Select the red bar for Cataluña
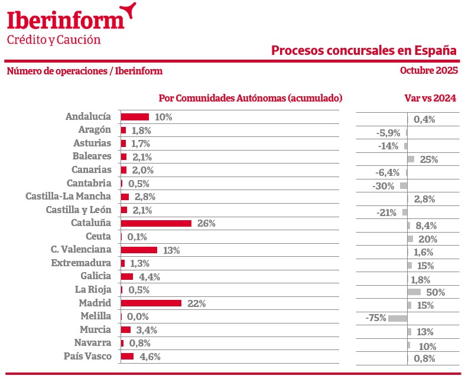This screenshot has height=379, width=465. (156, 224)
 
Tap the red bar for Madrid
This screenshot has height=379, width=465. (151, 303)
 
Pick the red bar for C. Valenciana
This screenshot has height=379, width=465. (139, 250)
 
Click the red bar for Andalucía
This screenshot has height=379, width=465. (135, 117)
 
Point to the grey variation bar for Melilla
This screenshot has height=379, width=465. (398, 318)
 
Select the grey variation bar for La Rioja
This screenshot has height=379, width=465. (414, 292)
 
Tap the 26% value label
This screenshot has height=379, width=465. (206, 224)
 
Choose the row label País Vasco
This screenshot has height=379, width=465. (87, 356)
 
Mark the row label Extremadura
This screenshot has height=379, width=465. (81, 263)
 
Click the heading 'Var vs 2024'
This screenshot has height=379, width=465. (430, 98)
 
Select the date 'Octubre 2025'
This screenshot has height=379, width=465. (429, 71)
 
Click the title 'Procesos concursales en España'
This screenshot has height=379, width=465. (364, 50)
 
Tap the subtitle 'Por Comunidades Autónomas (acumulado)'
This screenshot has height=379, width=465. (251, 98)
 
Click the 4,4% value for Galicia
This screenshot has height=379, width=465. (149, 277)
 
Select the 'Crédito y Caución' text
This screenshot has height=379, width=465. (54, 40)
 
